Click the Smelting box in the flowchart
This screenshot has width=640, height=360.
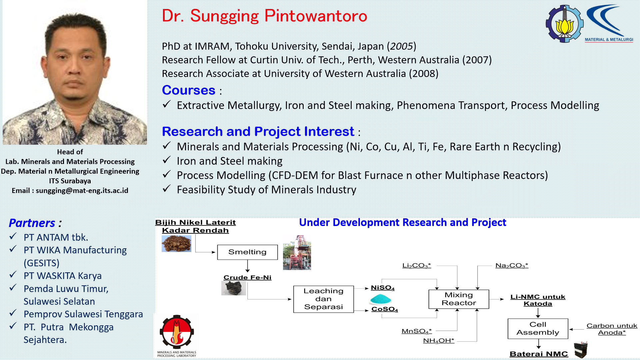pos(247,252)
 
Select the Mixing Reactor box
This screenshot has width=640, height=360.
pos(459,299)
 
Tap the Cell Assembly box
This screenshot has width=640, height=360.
pos(538,329)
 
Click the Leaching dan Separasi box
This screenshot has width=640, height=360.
pos(323,299)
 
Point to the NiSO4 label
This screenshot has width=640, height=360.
pos(383,288)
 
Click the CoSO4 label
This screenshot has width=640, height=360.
pos(385,309)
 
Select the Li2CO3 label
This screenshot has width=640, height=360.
pos(416,266)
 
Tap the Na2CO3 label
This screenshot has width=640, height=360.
pos(512,266)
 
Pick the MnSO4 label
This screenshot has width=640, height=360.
pos(417,331)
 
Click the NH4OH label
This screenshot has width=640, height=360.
pos(439,341)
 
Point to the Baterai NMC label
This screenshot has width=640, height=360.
pos(539,354)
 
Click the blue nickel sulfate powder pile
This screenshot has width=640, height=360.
pos(380,299)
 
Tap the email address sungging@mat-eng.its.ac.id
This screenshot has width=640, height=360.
pos(82,191)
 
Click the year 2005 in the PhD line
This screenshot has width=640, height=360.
pos(401,46)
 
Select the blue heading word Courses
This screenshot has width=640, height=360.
pos(189,90)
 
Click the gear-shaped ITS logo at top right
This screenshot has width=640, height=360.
pos(564,24)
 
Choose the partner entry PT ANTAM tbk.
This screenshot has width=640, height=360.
pos(56,237)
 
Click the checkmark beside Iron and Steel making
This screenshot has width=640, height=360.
pos(167,160)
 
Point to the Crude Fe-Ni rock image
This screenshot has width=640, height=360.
pos(234,288)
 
